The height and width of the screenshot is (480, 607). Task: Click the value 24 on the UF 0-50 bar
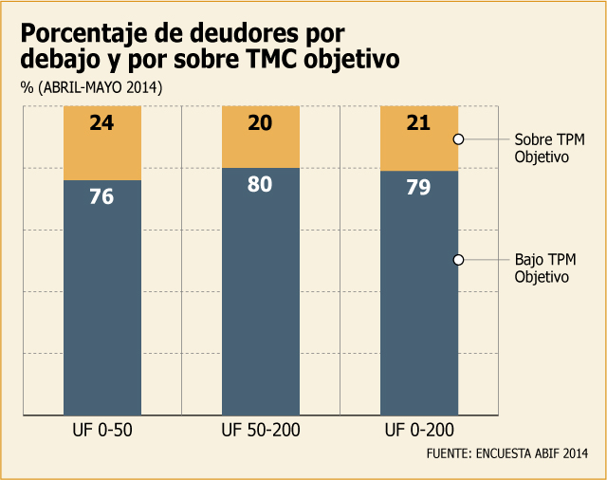(101, 123)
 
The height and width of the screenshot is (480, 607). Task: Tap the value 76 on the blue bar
(101, 196)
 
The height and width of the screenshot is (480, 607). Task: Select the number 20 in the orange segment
(260, 123)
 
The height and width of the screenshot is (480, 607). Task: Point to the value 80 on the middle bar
(260, 184)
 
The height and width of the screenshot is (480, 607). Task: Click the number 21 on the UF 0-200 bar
(418, 123)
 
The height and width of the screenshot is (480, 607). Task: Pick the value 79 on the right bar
(418, 187)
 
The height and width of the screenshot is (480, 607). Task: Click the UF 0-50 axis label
(102, 430)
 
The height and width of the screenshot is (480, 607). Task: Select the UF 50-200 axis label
(261, 430)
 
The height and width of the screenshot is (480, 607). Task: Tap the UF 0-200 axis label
(419, 430)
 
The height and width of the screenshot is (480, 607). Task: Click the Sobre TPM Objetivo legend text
(549, 148)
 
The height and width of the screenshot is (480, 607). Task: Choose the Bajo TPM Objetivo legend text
(545, 268)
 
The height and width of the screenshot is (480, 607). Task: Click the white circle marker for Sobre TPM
(458, 139)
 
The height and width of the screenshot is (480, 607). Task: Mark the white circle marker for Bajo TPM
(458, 260)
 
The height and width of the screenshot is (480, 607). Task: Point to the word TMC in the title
(272, 59)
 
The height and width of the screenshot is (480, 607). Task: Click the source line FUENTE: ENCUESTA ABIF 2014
(507, 453)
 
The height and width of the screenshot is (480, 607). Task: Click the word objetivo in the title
(352, 60)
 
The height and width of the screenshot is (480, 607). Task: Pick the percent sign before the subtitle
(28, 88)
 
